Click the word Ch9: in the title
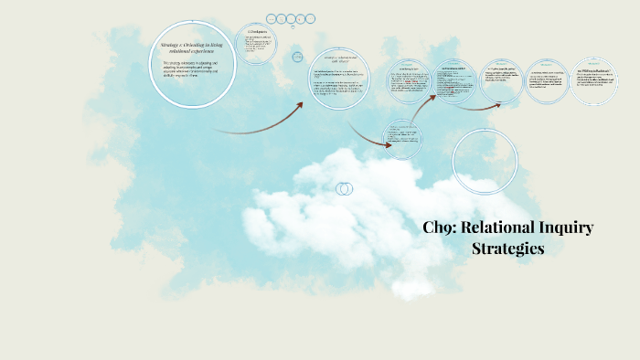point(443,228)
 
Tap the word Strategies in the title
point(508,248)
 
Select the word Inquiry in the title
point(569,228)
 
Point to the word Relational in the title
point(507,228)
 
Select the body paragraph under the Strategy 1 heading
point(191,70)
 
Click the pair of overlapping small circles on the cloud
point(345,188)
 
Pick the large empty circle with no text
point(485,162)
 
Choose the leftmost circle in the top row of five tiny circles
point(272,18)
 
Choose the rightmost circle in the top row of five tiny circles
point(315,18)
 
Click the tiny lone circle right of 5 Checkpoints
point(298,57)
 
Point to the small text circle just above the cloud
point(403,139)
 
